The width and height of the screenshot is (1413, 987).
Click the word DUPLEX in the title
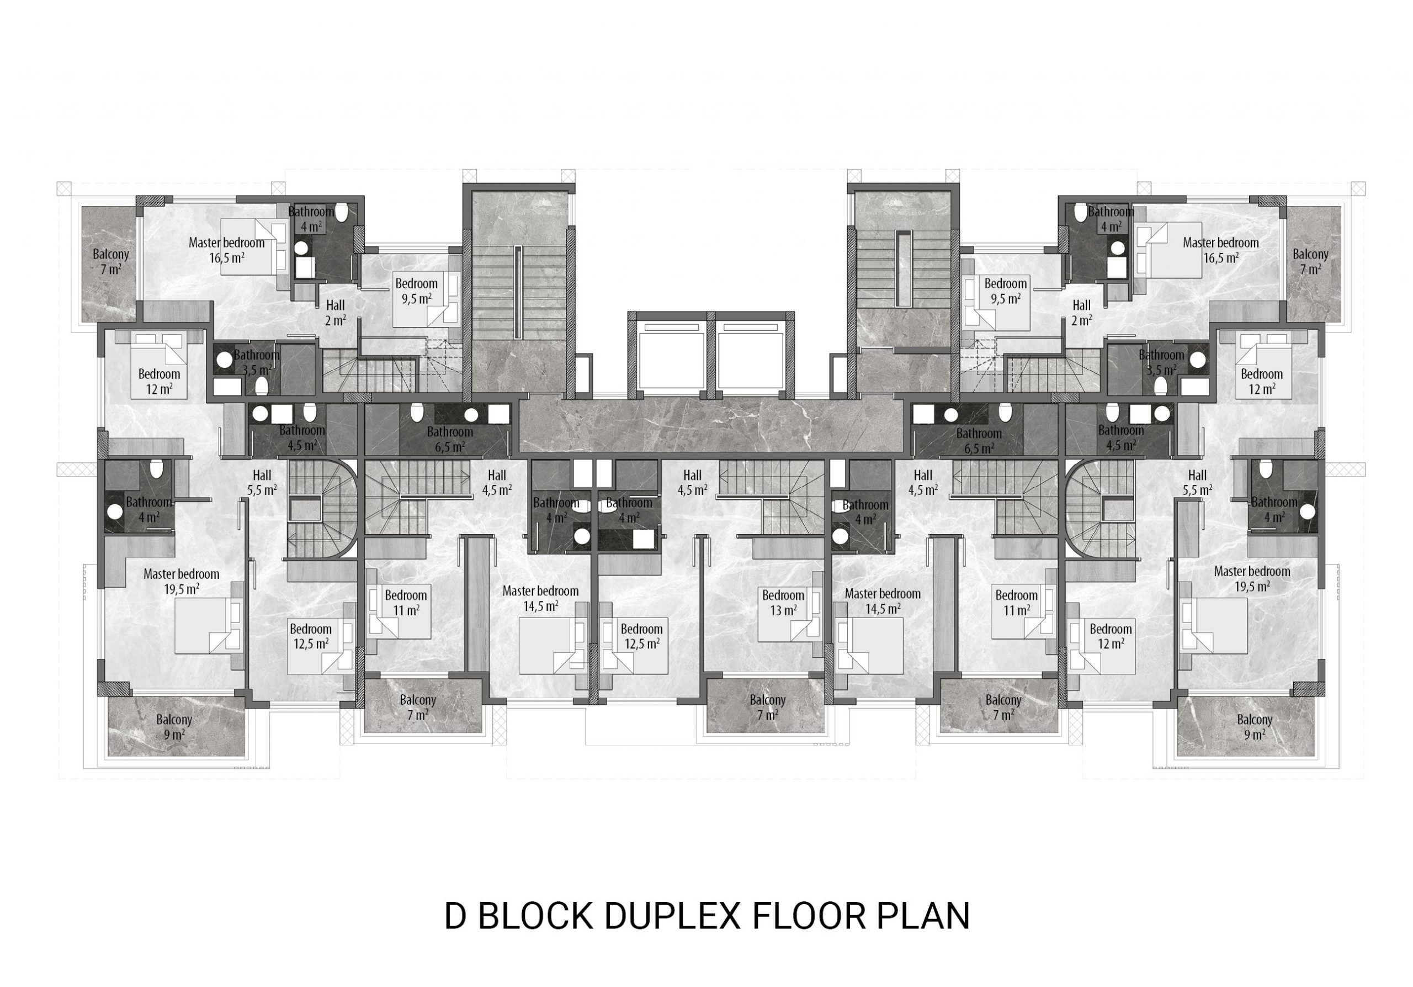pyautogui.click(x=672, y=916)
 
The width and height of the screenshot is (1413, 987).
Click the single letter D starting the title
pyautogui.click(x=455, y=916)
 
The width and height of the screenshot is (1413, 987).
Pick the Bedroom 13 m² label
pyautogui.click(x=783, y=603)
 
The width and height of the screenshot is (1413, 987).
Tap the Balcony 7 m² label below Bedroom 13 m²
pyautogui.click(x=767, y=708)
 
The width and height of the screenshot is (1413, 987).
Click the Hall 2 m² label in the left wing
pyautogui.click(x=336, y=312)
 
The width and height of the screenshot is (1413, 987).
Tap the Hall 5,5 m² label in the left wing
pyautogui.click(x=262, y=483)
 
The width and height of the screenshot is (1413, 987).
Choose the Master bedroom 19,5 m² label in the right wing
pyautogui.click(x=1252, y=579)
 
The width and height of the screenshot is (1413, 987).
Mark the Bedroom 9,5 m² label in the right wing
pyautogui.click(x=1006, y=291)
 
